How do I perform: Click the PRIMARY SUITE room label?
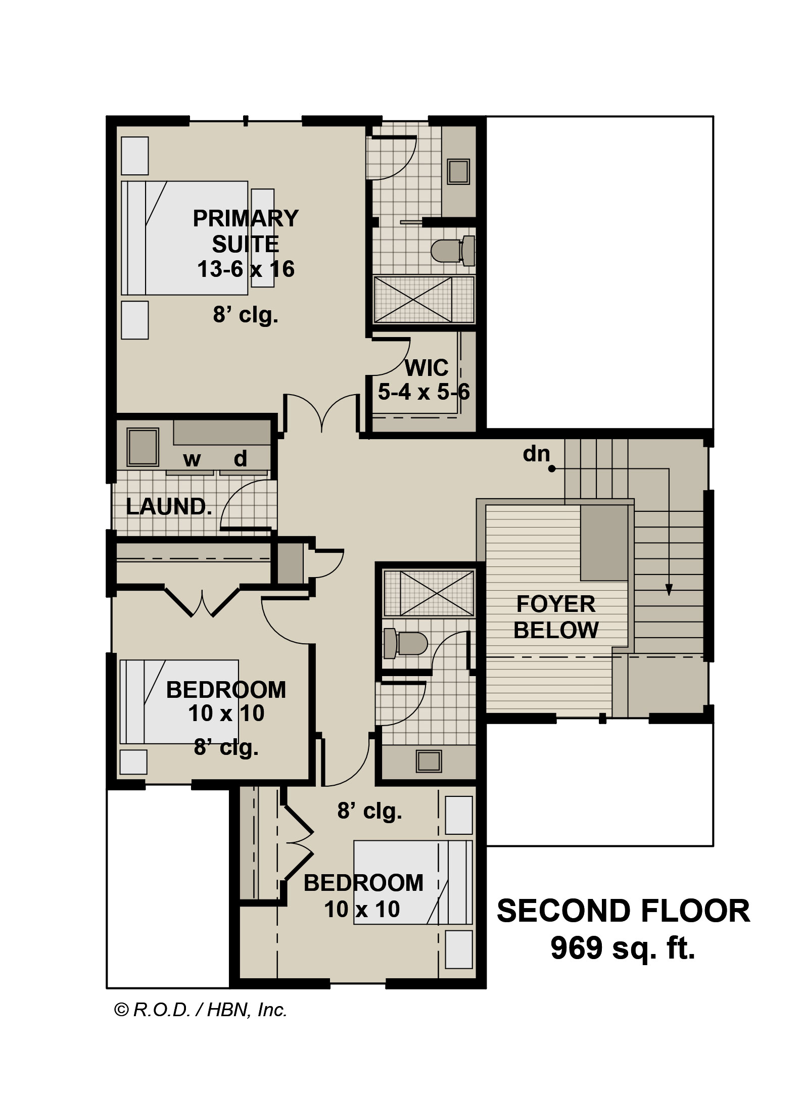click(x=246, y=231)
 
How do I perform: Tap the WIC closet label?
click(x=427, y=368)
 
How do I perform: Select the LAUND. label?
click(x=169, y=507)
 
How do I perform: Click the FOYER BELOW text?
click(x=556, y=617)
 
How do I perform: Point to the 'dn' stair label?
click(x=536, y=454)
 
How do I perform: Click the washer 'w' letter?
click(x=192, y=459)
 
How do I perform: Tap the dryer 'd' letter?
click(x=241, y=458)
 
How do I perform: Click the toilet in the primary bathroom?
click(x=453, y=251)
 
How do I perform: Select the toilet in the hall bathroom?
click(x=406, y=643)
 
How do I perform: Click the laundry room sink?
click(x=143, y=447)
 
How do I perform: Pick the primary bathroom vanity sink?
click(x=459, y=172)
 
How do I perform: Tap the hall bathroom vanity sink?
click(x=429, y=760)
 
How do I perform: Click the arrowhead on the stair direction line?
click(x=669, y=590)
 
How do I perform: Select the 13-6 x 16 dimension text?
click(x=246, y=269)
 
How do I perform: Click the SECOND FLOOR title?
click(x=624, y=911)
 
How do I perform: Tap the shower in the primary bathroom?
click(x=424, y=299)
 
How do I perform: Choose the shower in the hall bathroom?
click(x=429, y=593)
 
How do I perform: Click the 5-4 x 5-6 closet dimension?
click(x=424, y=392)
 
